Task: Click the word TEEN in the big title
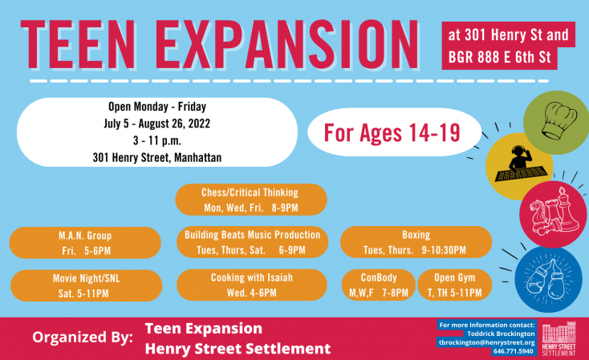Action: pos(78,44)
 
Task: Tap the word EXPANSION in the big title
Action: pos(286,44)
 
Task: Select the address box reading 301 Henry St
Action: pos(508,46)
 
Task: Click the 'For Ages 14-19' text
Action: pos(392,132)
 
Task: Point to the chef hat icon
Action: pos(559,121)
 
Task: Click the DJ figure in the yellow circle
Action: pos(520,164)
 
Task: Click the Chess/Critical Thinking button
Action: pos(251,200)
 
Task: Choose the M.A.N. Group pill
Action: pos(85,243)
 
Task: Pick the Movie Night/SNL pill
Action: pos(86,285)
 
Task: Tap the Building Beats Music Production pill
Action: pos(252,242)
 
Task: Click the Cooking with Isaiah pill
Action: pos(252,285)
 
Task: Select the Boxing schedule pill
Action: pos(416,242)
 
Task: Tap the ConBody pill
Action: pos(379,285)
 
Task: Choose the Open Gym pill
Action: pos(454,285)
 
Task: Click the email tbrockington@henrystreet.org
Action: pos(487,342)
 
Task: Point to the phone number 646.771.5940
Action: pos(513,351)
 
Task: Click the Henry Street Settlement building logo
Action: pos(559,338)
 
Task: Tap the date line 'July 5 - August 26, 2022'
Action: pos(157,123)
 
